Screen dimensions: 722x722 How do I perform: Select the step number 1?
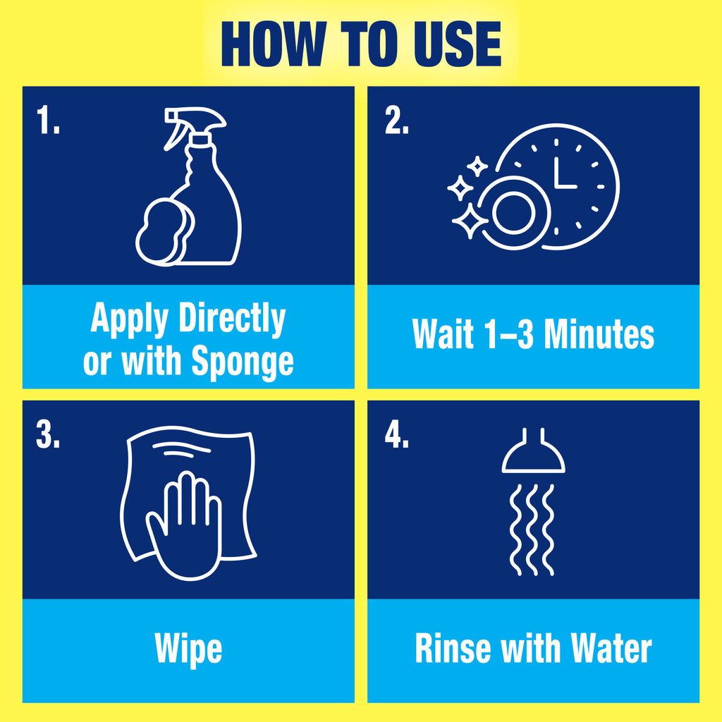[48, 122]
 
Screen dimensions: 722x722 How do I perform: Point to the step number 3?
[48, 436]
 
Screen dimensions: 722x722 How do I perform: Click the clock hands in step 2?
[563, 175]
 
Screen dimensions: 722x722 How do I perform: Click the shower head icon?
[533, 455]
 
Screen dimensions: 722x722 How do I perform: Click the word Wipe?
[188, 649]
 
